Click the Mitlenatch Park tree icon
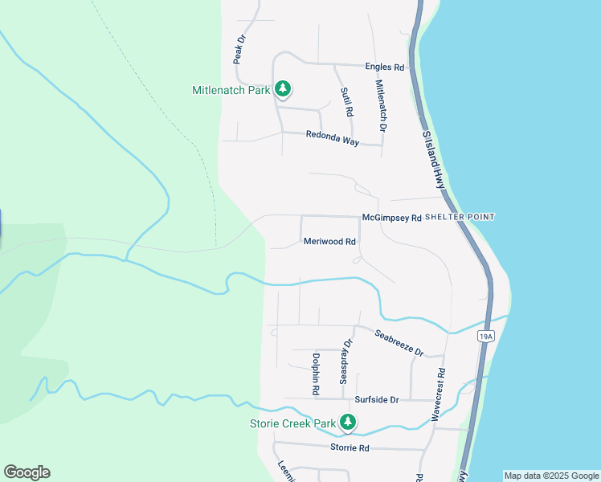tap(282, 89)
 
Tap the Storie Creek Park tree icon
tap(348, 422)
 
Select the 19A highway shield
tap(484, 336)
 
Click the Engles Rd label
tap(384, 68)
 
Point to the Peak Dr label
tap(239, 49)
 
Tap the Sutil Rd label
tap(346, 102)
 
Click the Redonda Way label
tap(332, 138)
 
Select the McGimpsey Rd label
tap(391, 218)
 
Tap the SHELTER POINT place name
tap(460, 217)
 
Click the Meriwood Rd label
tap(329, 241)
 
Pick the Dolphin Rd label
tap(316, 374)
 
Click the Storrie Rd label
tap(350, 447)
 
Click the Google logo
tap(27, 472)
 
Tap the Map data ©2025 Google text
tap(551, 476)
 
